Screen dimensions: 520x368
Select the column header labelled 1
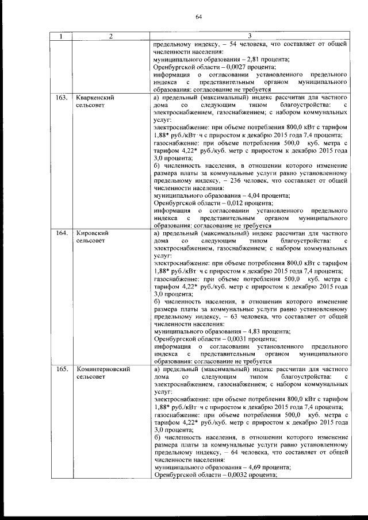point(61,37)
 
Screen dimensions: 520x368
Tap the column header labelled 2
point(110,37)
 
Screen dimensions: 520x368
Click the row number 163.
point(61,98)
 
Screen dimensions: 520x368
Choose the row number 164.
point(61,234)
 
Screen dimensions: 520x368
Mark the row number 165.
point(61,369)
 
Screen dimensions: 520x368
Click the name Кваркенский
point(95,98)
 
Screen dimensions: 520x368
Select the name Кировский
point(92,234)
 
